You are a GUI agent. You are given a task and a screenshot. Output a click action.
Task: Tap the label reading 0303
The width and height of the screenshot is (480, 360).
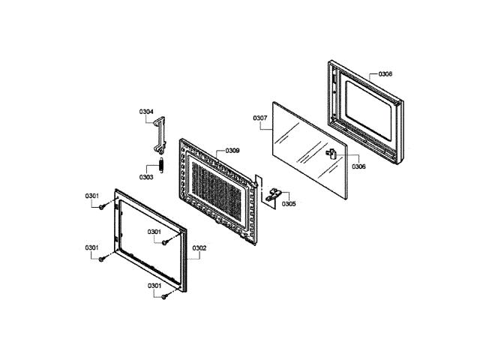pyautogui.click(x=145, y=177)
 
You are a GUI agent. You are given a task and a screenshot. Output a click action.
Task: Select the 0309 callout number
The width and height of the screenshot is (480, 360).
pyautogui.click(x=231, y=151)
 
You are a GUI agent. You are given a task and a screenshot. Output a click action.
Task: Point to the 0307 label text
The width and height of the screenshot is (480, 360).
pyautogui.click(x=260, y=118)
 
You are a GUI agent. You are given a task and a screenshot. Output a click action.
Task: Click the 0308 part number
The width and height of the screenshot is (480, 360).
pyautogui.click(x=385, y=74)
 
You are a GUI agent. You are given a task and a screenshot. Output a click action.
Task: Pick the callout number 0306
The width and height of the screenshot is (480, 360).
pyautogui.click(x=358, y=166)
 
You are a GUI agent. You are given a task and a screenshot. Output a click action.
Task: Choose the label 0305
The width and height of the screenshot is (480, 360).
pyautogui.click(x=288, y=204)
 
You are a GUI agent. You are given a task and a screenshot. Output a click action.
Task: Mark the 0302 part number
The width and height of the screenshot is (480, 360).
pyautogui.click(x=199, y=247)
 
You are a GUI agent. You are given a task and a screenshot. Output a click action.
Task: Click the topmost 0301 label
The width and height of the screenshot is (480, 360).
pyautogui.click(x=93, y=196)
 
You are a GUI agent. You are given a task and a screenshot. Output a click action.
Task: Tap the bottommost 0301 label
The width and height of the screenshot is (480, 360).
pyautogui.click(x=155, y=286)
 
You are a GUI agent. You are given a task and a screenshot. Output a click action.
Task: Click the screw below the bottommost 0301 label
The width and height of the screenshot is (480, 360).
pyautogui.click(x=162, y=297)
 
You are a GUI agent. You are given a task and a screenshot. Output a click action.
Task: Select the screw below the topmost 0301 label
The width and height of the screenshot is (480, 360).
pyautogui.click(x=100, y=208)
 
